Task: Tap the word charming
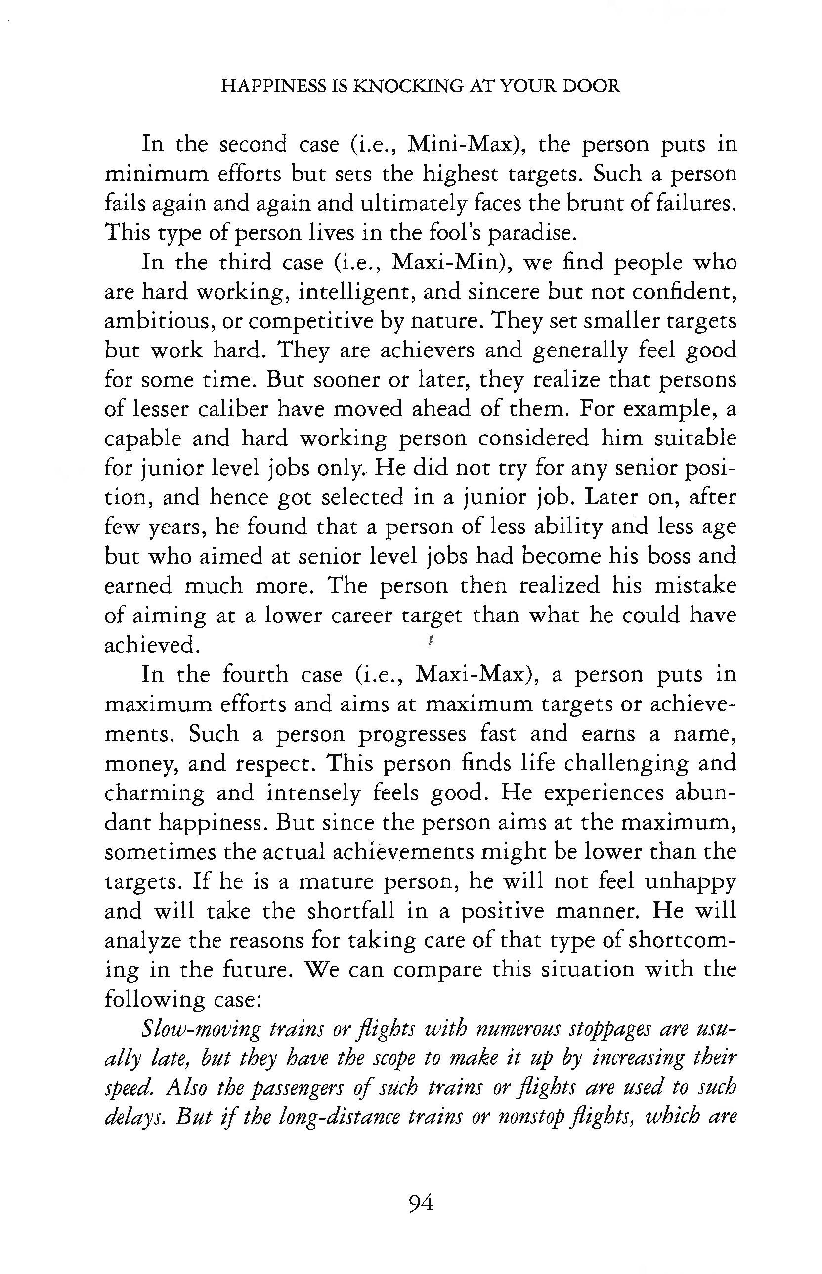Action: point(154,792)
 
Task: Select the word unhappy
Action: point(690,880)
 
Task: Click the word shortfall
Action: point(350,910)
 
